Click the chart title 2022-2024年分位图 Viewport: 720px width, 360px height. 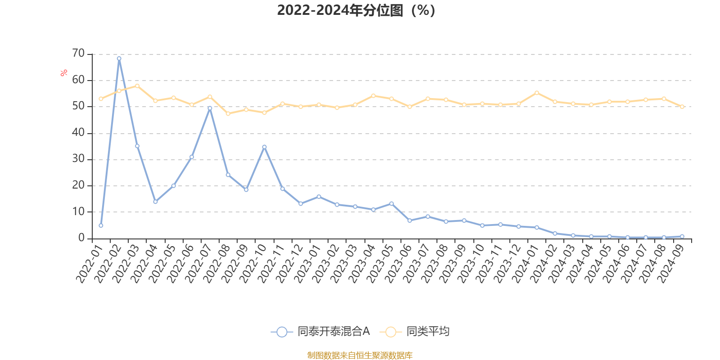(355, 10)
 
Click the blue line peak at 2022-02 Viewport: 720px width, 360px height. (119, 58)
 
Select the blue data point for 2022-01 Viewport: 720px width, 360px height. (101, 225)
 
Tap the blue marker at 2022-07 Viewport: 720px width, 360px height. (210, 108)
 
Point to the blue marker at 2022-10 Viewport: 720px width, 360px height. (264, 147)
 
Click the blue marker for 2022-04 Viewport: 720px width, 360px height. (155, 202)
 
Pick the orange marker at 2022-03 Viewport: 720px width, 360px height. (137, 85)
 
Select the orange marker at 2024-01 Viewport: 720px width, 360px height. (536, 93)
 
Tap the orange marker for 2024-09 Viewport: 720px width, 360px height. (682, 107)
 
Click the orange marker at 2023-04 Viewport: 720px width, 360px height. (373, 95)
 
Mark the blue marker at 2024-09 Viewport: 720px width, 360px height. (682, 236)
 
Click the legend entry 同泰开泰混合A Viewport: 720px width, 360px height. (320, 332)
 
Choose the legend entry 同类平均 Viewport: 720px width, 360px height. (415, 332)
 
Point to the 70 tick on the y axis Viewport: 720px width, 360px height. (78, 54)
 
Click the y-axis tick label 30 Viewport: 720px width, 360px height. (78, 159)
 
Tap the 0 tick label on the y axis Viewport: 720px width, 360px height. (81, 238)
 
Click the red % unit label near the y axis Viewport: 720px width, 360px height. (64, 72)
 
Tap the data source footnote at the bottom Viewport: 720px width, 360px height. (360, 355)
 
